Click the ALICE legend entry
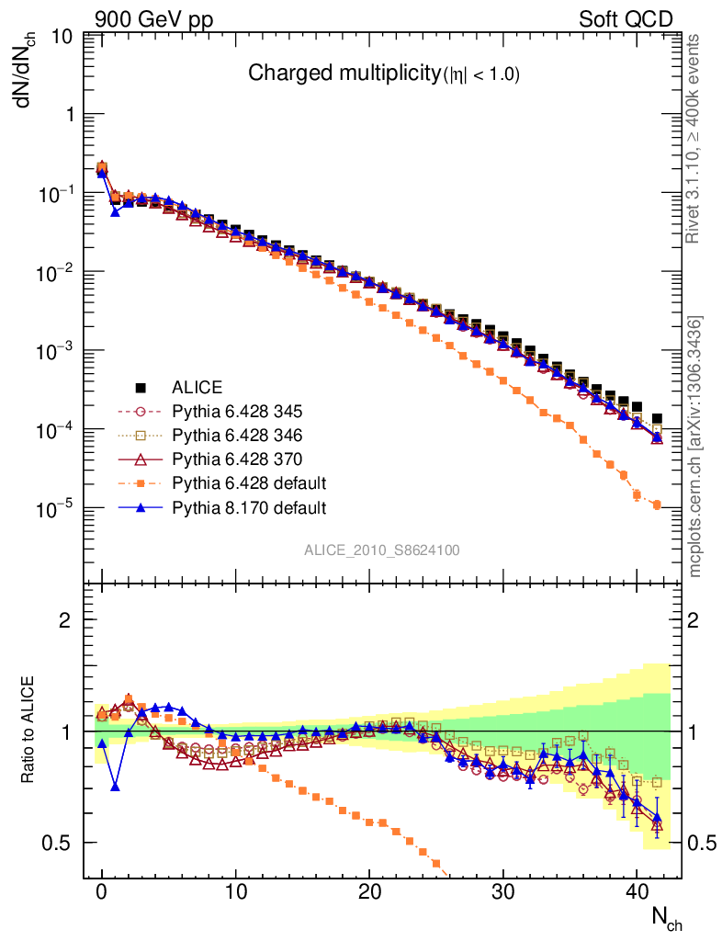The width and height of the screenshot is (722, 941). coord(197,388)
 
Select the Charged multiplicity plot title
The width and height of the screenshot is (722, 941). coord(384,74)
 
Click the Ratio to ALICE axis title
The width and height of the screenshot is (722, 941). coord(28,731)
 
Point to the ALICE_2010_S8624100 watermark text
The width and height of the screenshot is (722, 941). coord(382,550)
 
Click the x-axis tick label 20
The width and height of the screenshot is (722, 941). coord(369,892)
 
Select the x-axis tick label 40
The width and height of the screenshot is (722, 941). coord(637,892)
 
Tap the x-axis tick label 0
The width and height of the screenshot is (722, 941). coord(102,892)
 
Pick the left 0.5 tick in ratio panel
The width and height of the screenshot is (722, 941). coord(61,843)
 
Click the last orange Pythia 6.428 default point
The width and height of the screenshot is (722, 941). coord(657,505)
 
